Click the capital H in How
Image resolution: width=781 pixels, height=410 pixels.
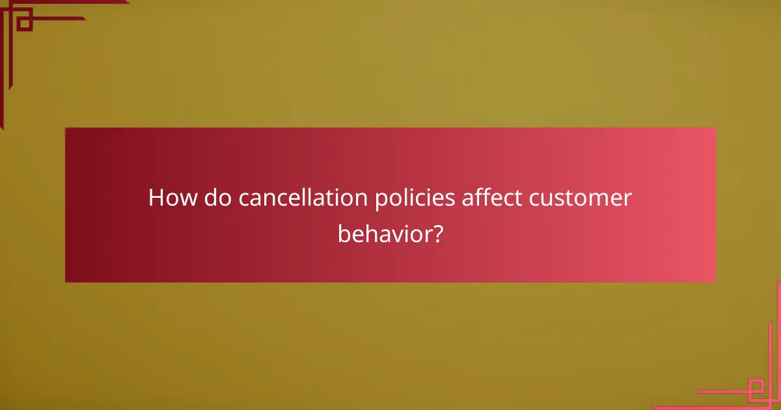click(x=156, y=198)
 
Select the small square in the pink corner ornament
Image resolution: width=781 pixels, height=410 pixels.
click(x=756, y=389)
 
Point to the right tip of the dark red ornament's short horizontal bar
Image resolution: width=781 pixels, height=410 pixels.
click(x=85, y=18)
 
